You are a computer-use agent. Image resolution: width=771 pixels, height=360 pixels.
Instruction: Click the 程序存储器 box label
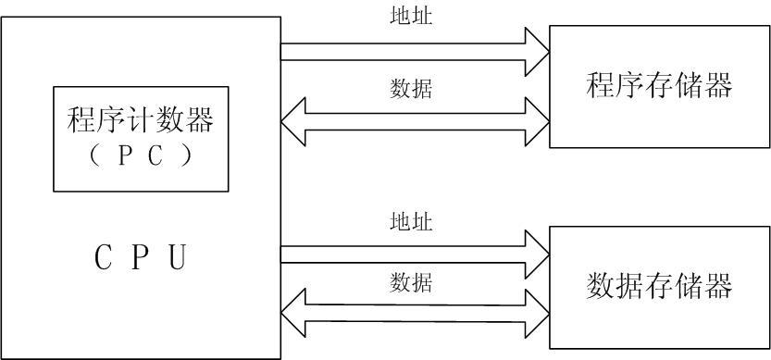click(659, 86)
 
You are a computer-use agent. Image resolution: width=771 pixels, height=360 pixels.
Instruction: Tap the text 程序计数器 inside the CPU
click(141, 120)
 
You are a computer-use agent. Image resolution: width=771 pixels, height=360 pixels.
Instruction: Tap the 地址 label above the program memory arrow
click(411, 17)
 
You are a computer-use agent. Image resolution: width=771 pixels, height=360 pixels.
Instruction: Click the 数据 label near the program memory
click(411, 89)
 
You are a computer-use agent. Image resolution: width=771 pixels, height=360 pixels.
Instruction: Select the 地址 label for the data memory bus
click(411, 222)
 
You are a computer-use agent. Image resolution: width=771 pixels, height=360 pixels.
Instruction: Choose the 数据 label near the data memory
click(411, 281)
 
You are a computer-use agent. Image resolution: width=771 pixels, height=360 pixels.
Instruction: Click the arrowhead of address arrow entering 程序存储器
click(538, 52)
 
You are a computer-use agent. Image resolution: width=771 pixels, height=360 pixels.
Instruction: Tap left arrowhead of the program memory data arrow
click(292, 121)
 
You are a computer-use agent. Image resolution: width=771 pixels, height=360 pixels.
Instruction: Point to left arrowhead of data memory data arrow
click(292, 312)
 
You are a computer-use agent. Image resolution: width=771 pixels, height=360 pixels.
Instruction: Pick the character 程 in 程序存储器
click(601, 86)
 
